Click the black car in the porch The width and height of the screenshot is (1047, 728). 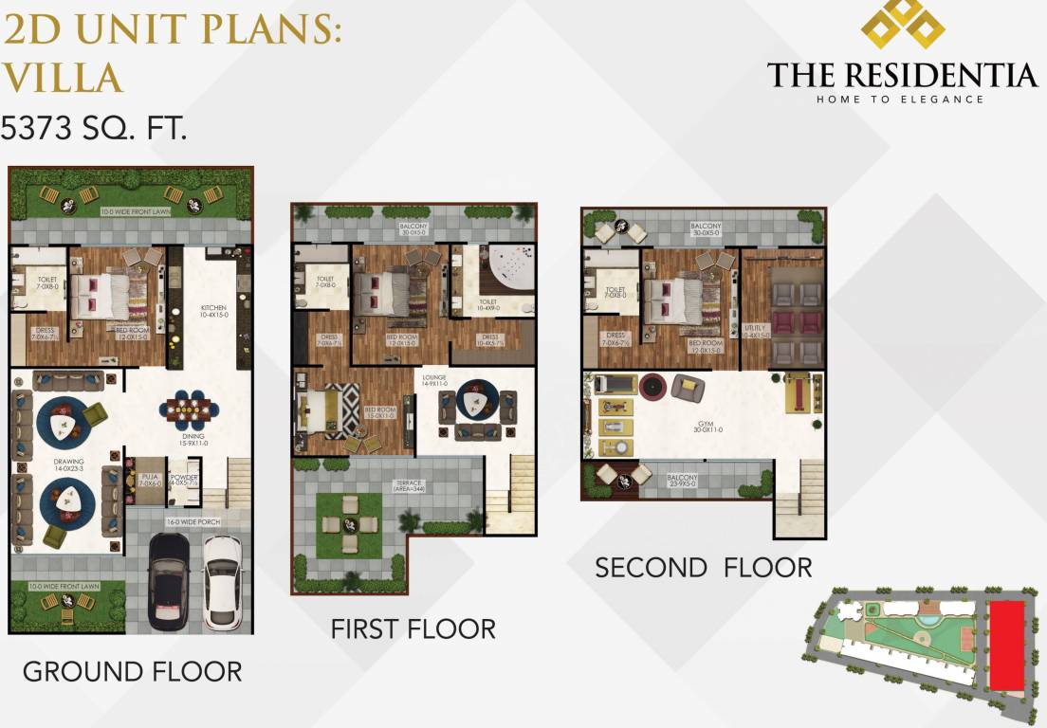click(170, 582)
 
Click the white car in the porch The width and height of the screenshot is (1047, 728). click(223, 583)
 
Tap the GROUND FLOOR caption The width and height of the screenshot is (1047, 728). click(132, 672)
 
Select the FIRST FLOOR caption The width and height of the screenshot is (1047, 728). click(413, 628)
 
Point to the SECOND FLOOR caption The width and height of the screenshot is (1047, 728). click(703, 568)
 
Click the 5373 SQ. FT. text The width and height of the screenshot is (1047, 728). click(93, 127)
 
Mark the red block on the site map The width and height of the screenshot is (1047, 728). click(1006, 645)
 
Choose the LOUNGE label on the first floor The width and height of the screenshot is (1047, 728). click(434, 380)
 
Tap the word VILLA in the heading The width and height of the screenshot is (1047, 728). click(62, 77)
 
